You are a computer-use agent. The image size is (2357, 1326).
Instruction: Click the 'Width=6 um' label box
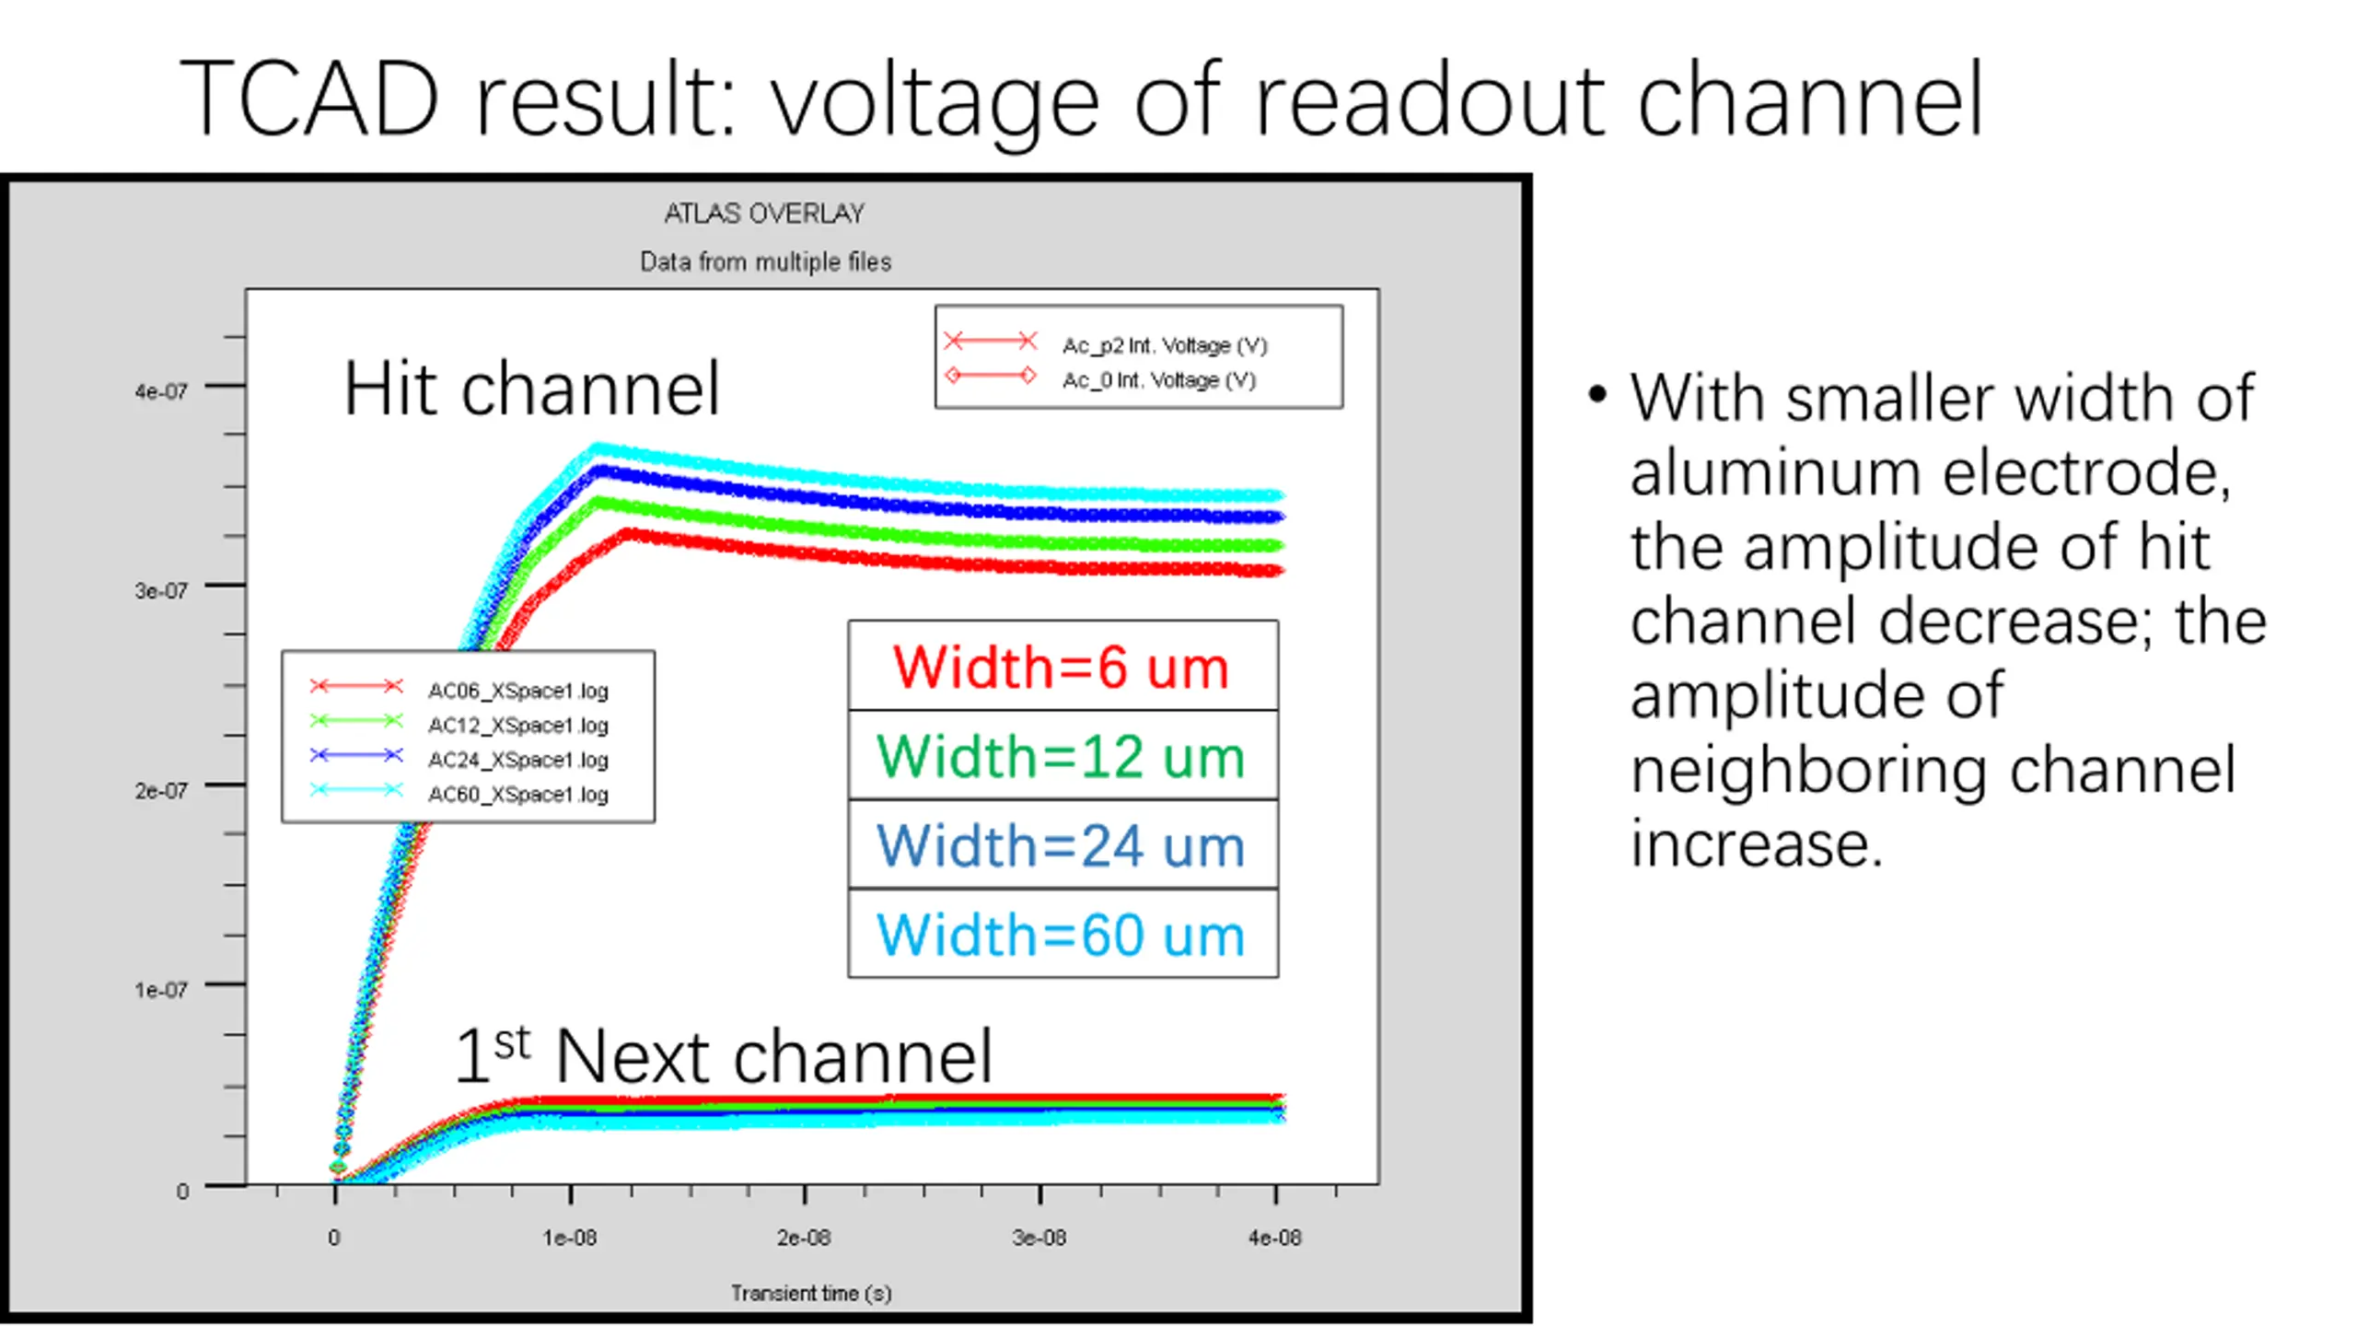(1062, 667)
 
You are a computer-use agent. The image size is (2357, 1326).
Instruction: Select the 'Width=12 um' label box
(1062, 756)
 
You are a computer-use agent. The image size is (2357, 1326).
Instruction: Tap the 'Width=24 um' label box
(1062, 845)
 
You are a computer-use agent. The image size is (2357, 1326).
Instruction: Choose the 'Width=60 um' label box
(1062, 935)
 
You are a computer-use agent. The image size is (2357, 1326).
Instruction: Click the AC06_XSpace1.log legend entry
(517, 691)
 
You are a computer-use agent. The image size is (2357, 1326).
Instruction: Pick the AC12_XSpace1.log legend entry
(517, 726)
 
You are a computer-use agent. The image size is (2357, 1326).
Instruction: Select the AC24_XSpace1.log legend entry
(517, 760)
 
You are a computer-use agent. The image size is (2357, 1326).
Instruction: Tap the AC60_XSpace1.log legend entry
(517, 794)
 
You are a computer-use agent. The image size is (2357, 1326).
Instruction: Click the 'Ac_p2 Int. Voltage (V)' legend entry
(1164, 345)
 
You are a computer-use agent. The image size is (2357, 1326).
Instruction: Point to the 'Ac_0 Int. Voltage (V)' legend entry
(1158, 380)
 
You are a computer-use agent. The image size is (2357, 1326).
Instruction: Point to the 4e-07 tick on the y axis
(161, 391)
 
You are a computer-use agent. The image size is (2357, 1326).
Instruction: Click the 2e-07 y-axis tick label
(161, 791)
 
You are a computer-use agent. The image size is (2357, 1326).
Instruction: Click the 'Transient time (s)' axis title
(811, 1294)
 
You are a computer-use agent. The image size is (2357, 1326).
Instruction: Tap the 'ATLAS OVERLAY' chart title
(764, 214)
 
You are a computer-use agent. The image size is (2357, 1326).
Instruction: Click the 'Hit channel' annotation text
(531, 390)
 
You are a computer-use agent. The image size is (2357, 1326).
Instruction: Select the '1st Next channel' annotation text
(724, 1055)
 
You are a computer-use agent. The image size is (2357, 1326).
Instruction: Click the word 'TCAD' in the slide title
(309, 99)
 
